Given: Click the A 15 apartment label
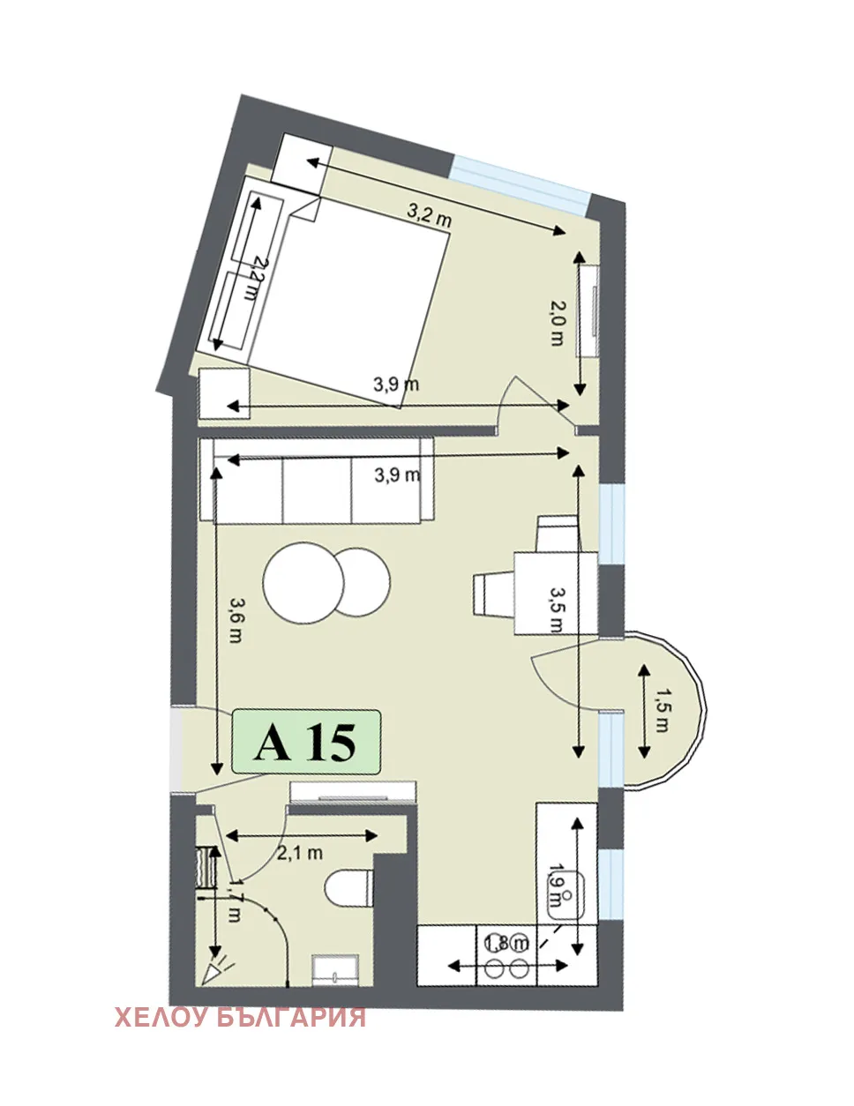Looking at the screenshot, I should (x=305, y=742).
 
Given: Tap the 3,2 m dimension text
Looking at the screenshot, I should (x=429, y=214).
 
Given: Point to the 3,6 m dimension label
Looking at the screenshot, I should (x=236, y=620).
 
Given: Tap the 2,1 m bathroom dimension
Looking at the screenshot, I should (x=300, y=853).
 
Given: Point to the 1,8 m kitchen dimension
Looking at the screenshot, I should (x=506, y=944).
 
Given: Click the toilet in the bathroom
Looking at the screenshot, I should (x=349, y=887).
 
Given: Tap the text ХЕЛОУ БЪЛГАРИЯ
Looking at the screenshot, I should (x=240, y=1017).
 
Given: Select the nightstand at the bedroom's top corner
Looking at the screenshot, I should (x=300, y=163).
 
